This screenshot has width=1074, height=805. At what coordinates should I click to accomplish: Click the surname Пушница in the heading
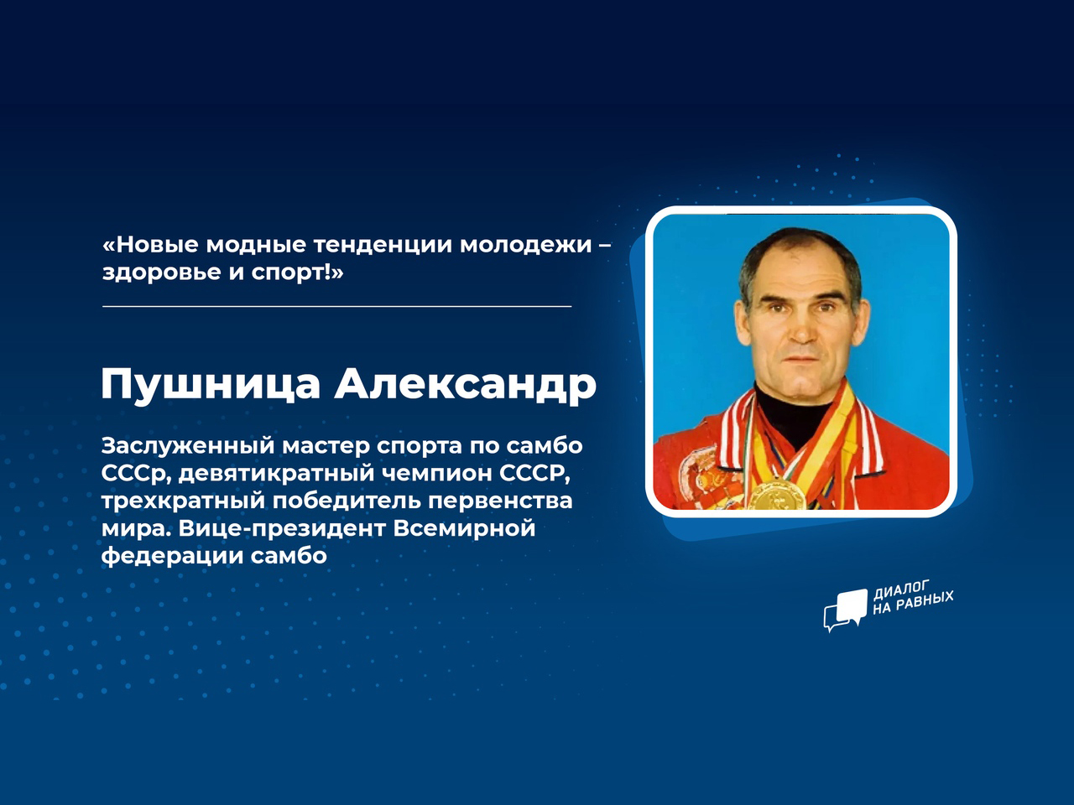point(211,385)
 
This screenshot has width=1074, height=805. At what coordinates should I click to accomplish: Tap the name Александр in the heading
point(466,384)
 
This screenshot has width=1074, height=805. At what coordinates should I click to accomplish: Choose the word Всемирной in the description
point(464,529)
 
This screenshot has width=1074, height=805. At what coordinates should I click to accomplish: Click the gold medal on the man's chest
point(779,494)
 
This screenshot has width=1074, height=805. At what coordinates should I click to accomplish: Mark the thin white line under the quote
point(336,306)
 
